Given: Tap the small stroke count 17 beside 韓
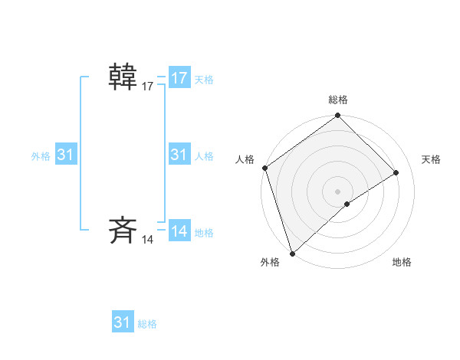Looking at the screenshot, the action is [x=148, y=87].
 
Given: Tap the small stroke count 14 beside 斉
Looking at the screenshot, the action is [x=148, y=240].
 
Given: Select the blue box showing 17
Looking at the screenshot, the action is [x=179, y=78].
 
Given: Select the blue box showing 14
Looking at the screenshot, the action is [x=179, y=231].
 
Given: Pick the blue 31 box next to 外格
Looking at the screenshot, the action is [x=65, y=155].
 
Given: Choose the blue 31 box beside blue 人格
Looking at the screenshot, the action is [x=179, y=155].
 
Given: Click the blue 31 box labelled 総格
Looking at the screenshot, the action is [x=123, y=322].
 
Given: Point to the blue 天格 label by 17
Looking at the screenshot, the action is [x=204, y=80].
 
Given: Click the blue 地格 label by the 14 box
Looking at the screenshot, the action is [x=204, y=233].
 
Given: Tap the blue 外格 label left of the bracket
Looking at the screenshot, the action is [x=41, y=156].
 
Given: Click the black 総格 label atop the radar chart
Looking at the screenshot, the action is [x=337, y=100].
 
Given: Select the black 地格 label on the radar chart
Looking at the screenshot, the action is [x=402, y=262].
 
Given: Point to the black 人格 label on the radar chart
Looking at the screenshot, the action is [x=245, y=159].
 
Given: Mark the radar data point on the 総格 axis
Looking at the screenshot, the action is [x=337, y=116].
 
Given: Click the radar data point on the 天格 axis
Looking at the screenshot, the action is [x=396, y=172].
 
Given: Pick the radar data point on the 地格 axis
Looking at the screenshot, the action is [x=347, y=204].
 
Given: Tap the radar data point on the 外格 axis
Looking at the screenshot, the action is [x=292, y=253].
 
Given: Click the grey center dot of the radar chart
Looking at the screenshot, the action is [x=337, y=191].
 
